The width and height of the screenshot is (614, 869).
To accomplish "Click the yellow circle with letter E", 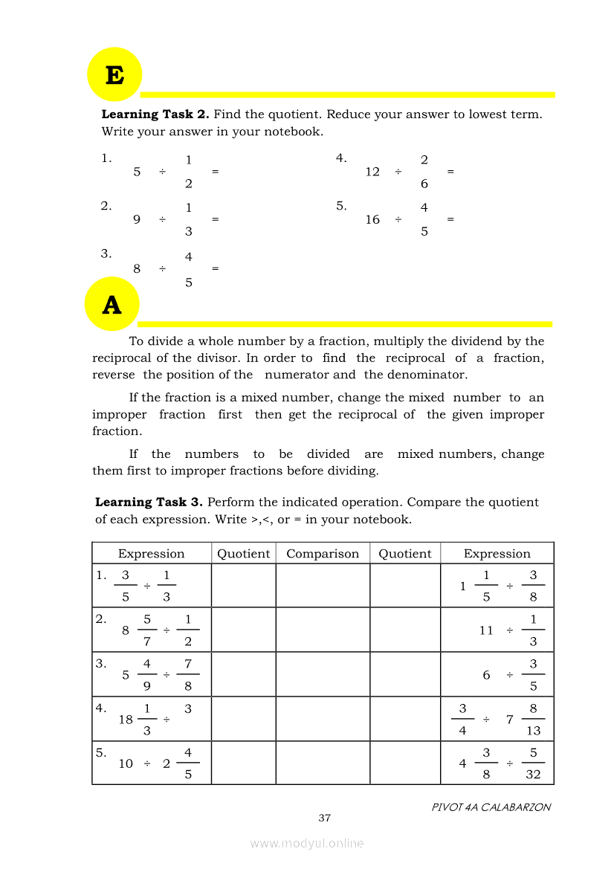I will click(114, 75).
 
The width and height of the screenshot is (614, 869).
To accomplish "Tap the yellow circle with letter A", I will click(112, 305).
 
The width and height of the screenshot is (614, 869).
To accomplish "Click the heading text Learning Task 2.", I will click(155, 114).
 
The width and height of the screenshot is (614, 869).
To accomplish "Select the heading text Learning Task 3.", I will click(149, 503).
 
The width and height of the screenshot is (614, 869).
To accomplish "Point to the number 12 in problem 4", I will click(372, 172).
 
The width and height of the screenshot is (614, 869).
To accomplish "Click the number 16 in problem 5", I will click(372, 220).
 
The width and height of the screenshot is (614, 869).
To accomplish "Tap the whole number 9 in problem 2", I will click(137, 220).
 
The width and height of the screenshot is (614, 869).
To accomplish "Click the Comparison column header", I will click(323, 554).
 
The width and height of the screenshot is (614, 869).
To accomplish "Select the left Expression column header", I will click(151, 554).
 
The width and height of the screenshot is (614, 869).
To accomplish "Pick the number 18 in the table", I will click(126, 720).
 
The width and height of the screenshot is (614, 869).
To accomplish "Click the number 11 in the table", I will click(486, 630).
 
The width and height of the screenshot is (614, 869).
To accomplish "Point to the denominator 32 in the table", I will click(533, 775).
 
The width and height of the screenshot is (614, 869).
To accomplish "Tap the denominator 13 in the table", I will click(533, 731).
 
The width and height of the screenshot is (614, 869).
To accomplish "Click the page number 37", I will click(324, 818).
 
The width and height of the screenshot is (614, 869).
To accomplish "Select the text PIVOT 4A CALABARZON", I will click(491, 807).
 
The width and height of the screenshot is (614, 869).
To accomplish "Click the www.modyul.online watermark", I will click(307, 844).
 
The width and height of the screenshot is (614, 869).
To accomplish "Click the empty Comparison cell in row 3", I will click(323, 674).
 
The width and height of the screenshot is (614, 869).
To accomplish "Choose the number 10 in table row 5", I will click(126, 764).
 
